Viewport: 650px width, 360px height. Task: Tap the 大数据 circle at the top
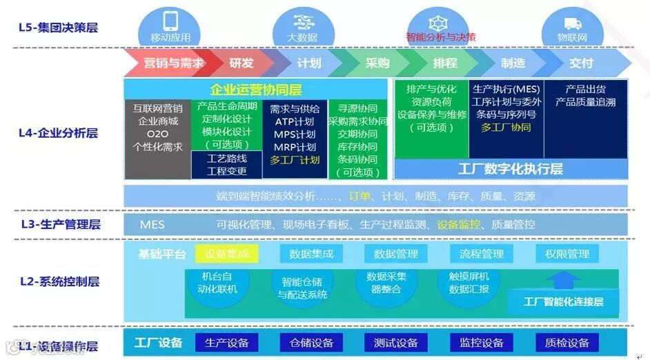coord(302,26)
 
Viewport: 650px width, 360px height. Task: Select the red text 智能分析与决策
coord(441,37)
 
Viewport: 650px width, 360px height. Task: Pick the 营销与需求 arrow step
coord(173,63)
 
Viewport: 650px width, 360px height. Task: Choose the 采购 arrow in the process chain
coord(377,63)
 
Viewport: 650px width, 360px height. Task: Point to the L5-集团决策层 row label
coord(58,28)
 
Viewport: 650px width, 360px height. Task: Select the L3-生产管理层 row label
coord(61,224)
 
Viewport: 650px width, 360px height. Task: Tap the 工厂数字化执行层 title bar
coord(510,168)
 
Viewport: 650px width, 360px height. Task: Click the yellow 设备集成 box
coord(227,254)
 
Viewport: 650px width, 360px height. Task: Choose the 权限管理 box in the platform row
coord(567,254)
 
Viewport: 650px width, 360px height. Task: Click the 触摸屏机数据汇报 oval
coord(469,283)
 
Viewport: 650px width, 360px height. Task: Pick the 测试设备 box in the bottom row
coord(395,343)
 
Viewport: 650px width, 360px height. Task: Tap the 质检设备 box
coord(567,343)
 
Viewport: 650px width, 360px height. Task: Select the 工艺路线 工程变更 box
coord(226,165)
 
